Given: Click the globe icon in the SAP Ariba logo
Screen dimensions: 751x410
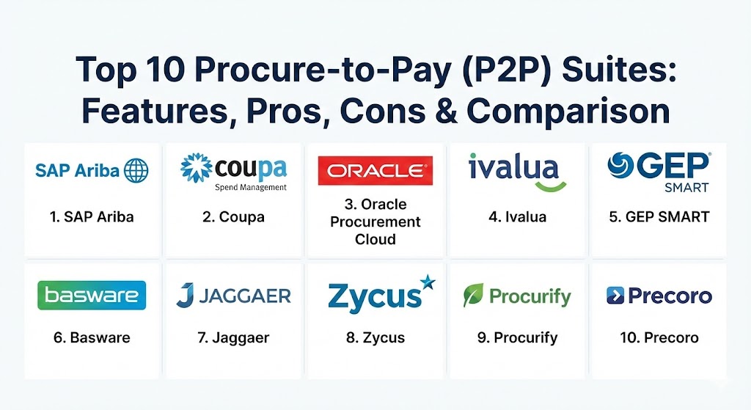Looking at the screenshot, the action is tap(136, 170).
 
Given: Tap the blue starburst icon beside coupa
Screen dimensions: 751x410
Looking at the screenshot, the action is tap(197, 168).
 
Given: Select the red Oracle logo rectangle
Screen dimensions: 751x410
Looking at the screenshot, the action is tap(375, 170).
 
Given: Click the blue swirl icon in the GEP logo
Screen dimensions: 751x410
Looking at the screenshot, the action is tap(620, 165).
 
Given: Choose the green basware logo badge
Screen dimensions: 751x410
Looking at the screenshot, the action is tap(92, 295).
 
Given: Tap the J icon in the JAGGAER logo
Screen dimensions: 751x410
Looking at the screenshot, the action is tap(185, 295).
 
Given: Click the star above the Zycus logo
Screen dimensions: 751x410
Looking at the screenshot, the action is tap(428, 282).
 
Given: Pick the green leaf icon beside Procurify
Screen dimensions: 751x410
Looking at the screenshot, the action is tap(473, 295).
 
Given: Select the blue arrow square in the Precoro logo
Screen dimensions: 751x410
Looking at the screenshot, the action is tap(615, 296).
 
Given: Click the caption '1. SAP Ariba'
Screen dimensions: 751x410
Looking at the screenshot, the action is tap(92, 217).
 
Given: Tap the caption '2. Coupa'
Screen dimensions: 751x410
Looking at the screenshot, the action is tap(233, 217).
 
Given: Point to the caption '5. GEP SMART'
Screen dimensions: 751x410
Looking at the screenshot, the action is tap(659, 217).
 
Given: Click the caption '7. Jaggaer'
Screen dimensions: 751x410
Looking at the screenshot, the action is tap(233, 337).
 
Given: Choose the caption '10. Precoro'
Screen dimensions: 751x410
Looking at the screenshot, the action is tap(659, 337).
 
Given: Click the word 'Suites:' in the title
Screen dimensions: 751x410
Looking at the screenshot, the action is tap(619, 70).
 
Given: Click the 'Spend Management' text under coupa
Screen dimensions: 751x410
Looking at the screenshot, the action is tap(251, 187).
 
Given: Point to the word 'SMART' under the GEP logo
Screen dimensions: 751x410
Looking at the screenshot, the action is tap(686, 187).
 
